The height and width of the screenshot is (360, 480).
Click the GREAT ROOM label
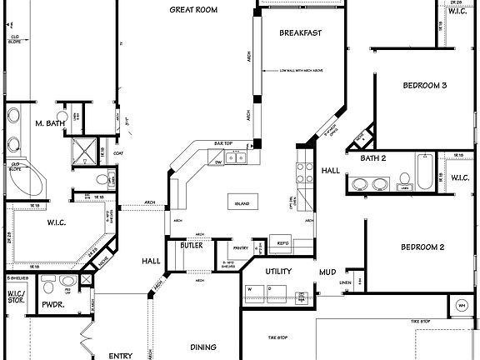pyautogui.click(x=194, y=10)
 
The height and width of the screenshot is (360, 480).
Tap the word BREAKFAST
pyautogui.click(x=301, y=33)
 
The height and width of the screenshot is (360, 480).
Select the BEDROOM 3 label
pyautogui.click(x=425, y=85)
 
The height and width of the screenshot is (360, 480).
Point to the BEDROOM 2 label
pyautogui.click(x=422, y=247)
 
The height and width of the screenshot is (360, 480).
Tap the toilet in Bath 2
pyautogui.click(x=403, y=180)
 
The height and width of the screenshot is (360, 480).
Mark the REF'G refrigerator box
pyautogui.click(x=283, y=243)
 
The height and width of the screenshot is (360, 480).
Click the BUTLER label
pyautogui.click(x=191, y=247)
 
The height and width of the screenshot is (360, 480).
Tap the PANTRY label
pyautogui.click(x=242, y=247)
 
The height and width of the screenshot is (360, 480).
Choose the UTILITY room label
pyautogui.click(x=277, y=272)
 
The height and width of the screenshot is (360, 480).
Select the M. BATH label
pyautogui.click(x=49, y=124)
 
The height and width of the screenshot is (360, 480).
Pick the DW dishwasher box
pyautogui.click(x=217, y=163)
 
